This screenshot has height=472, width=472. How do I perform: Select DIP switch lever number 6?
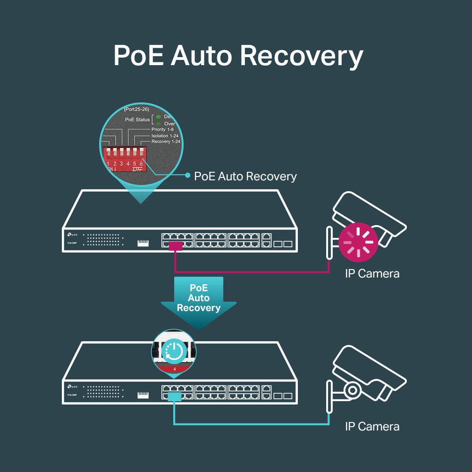141,152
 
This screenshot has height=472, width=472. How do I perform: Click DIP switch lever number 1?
108,152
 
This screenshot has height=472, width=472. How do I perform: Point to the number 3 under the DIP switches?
121,164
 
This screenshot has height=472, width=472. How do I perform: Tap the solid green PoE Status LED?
158,117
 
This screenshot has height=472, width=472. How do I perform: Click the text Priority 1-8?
162,129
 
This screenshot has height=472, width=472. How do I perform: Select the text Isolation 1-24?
165,135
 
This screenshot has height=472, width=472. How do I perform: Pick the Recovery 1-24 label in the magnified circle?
165,142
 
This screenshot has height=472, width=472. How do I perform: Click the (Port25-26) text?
136,109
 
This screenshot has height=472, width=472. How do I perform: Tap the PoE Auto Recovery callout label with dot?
245,177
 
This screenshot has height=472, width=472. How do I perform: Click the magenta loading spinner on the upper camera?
358,242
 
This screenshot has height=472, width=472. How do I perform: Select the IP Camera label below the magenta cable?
372,273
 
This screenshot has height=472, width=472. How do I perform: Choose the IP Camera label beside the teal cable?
372,427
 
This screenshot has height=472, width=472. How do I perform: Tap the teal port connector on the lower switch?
174,397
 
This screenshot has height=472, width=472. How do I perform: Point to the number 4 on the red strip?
175,369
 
